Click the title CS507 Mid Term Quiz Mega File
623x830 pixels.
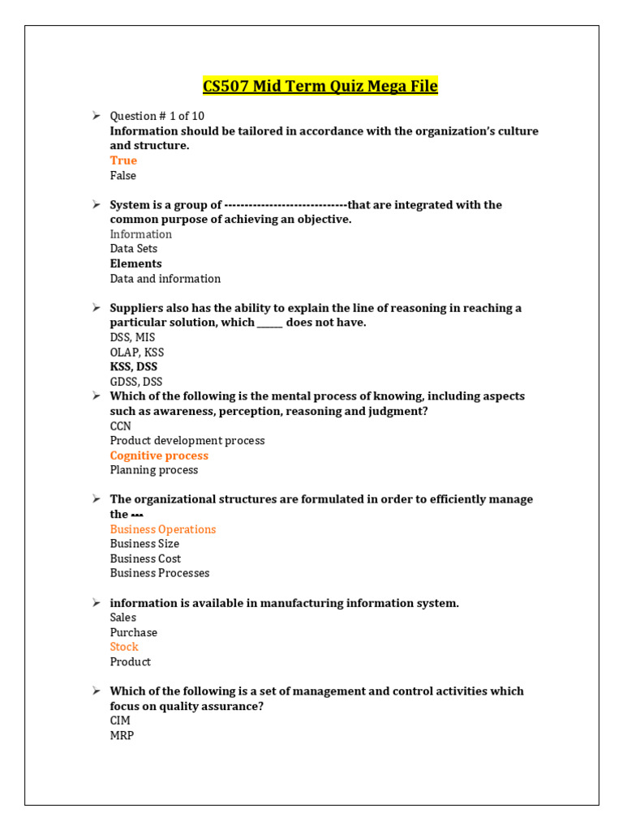pos(319,86)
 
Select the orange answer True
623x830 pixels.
pos(123,160)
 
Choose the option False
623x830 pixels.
pos(123,175)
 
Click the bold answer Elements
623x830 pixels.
pos(135,263)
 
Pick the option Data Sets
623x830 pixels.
pos(134,249)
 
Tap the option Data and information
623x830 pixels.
pos(165,279)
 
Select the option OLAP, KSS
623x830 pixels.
pos(137,353)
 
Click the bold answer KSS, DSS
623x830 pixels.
pos(134,366)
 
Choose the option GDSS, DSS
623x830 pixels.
pos(136,382)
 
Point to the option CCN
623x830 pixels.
pos(121,426)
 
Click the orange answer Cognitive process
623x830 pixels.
pos(159,456)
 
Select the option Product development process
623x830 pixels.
pos(187,441)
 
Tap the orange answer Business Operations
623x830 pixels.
pos(163,529)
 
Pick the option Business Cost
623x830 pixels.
pos(145,558)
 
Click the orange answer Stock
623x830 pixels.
pos(124,647)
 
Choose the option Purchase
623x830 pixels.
pos(134,632)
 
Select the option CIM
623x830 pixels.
pos(120,721)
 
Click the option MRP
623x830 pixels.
pos(122,735)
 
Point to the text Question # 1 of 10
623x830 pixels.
pos(157,116)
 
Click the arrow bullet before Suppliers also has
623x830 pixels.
pos(96,307)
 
